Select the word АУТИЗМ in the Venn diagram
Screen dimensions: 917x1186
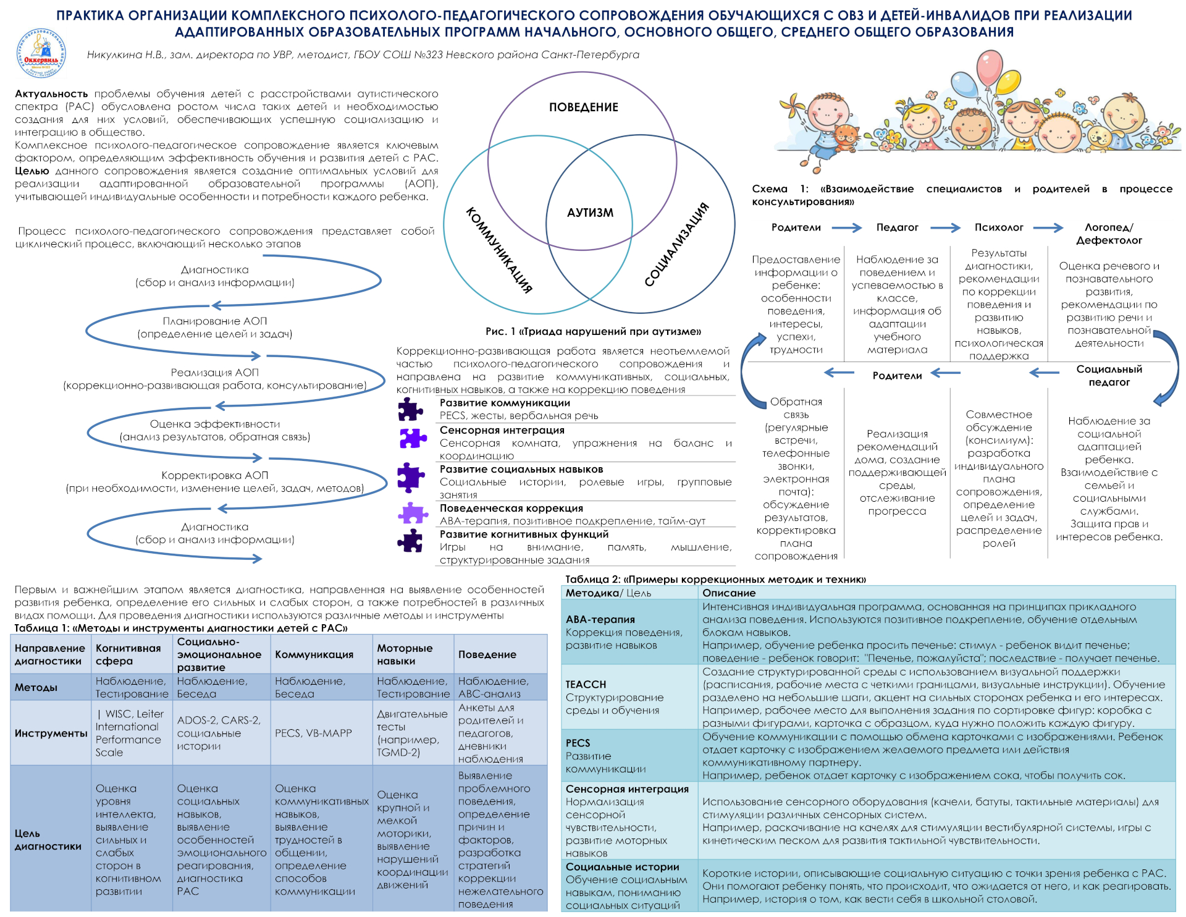point(590,213)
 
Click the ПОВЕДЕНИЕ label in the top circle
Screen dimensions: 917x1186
point(583,107)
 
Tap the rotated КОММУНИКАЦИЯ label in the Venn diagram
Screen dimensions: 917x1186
point(498,250)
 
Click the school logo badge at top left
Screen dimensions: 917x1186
point(41,54)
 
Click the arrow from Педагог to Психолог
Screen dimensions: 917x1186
point(946,227)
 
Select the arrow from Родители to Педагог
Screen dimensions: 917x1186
point(846,227)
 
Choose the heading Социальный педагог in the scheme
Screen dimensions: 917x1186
point(1109,375)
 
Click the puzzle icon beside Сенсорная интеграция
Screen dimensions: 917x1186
point(413,437)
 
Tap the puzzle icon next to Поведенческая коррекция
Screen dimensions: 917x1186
point(413,513)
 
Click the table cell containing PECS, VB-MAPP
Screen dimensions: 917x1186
point(313,733)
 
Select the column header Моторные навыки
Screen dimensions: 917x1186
point(405,654)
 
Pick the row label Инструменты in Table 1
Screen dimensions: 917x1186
point(51,733)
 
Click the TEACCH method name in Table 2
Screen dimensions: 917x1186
point(586,684)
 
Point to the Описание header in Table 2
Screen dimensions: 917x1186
point(728,593)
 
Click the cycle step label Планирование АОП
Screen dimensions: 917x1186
point(214,321)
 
